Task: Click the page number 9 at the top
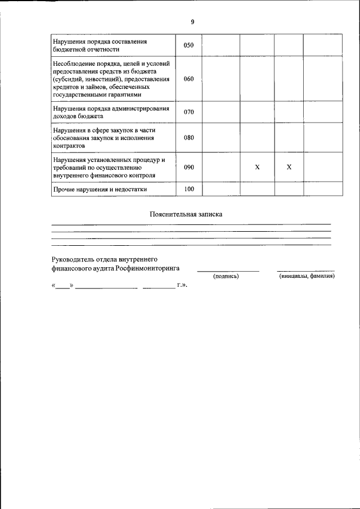192,22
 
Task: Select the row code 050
188,45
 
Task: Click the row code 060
188,79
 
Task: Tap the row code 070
188,112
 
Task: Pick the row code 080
188,137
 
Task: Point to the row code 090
188,168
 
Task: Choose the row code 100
188,190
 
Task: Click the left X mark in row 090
257,168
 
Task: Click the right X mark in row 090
289,168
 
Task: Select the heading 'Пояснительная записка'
186,214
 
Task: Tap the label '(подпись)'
226,276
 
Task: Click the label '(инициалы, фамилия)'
307,276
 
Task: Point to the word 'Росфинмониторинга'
148,269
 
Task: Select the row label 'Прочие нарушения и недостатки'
100,190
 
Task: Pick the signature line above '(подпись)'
228,272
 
